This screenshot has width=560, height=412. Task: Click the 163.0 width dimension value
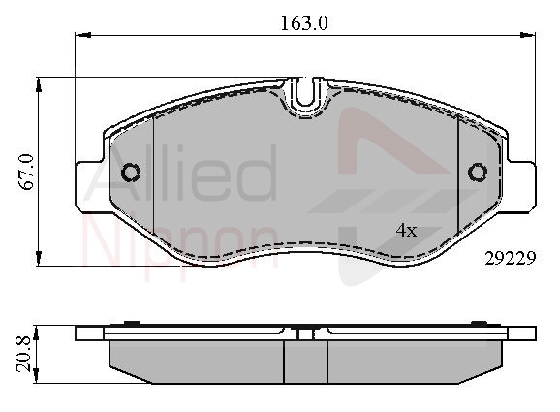[x=303, y=23]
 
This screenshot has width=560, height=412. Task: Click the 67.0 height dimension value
[x=27, y=172]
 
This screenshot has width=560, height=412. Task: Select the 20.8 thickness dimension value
[x=24, y=356]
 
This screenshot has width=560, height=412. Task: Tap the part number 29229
[x=511, y=258]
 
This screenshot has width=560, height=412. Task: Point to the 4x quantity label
[x=406, y=231]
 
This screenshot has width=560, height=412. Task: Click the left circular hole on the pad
[x=131, y=173]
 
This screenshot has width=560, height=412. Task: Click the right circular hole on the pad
[x=478, y=173]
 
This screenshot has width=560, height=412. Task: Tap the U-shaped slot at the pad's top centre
[x=304, y=94]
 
